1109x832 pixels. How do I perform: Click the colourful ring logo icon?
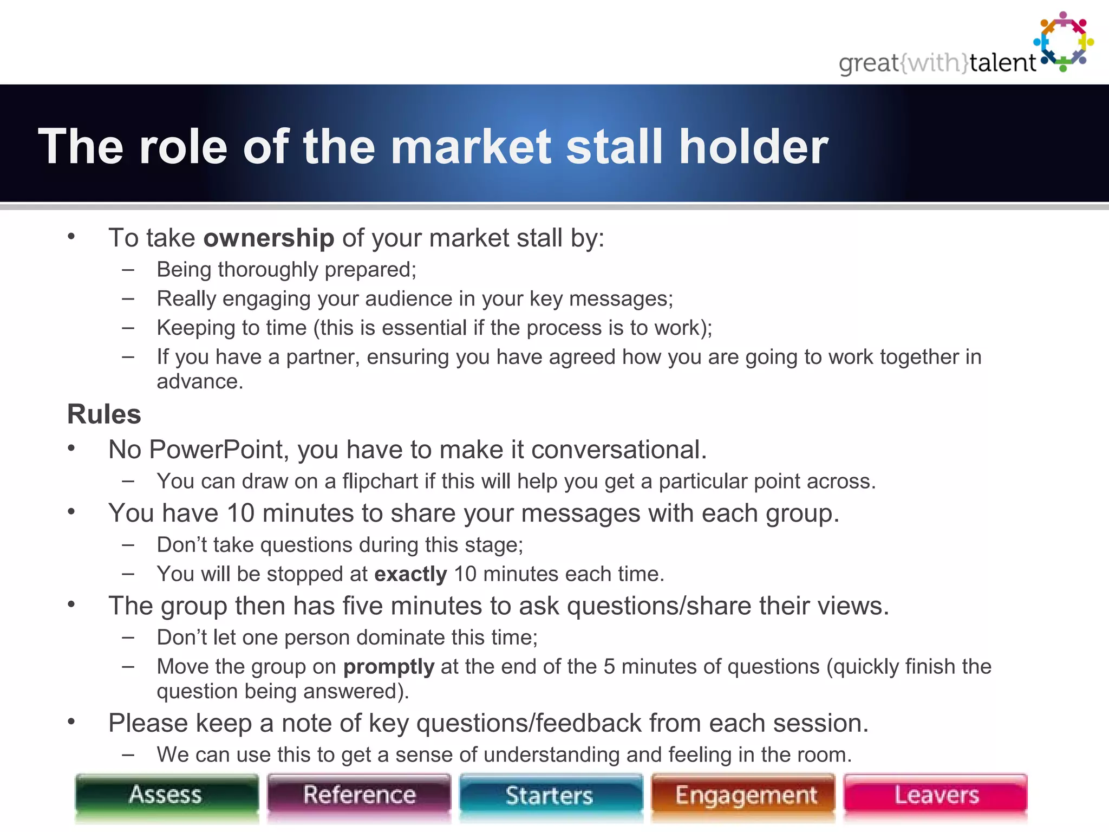1064,42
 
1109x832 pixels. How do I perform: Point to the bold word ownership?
269,238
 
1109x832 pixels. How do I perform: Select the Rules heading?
104,414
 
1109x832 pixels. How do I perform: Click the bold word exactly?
410,574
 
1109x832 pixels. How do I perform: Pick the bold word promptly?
389,667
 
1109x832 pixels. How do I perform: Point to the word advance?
199,382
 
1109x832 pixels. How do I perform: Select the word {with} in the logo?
934,63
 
